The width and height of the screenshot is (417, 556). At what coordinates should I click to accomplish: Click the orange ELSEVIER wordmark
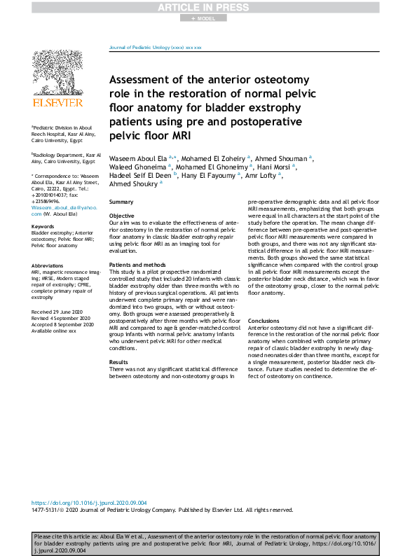coord(57,103)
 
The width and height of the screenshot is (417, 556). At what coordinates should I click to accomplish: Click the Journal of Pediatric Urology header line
coord(155,47)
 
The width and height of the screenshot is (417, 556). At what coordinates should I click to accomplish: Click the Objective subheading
coord(122,216)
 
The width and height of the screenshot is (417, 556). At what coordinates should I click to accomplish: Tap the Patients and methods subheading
coord(137,265)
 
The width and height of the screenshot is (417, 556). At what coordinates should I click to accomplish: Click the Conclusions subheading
coord(264,321)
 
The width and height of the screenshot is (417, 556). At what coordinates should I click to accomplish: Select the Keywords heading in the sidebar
coord(43,227)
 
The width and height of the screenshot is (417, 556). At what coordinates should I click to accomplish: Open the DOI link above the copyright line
coord(90,503)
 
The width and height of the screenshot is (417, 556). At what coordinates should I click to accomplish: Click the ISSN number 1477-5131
coord(46,510)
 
